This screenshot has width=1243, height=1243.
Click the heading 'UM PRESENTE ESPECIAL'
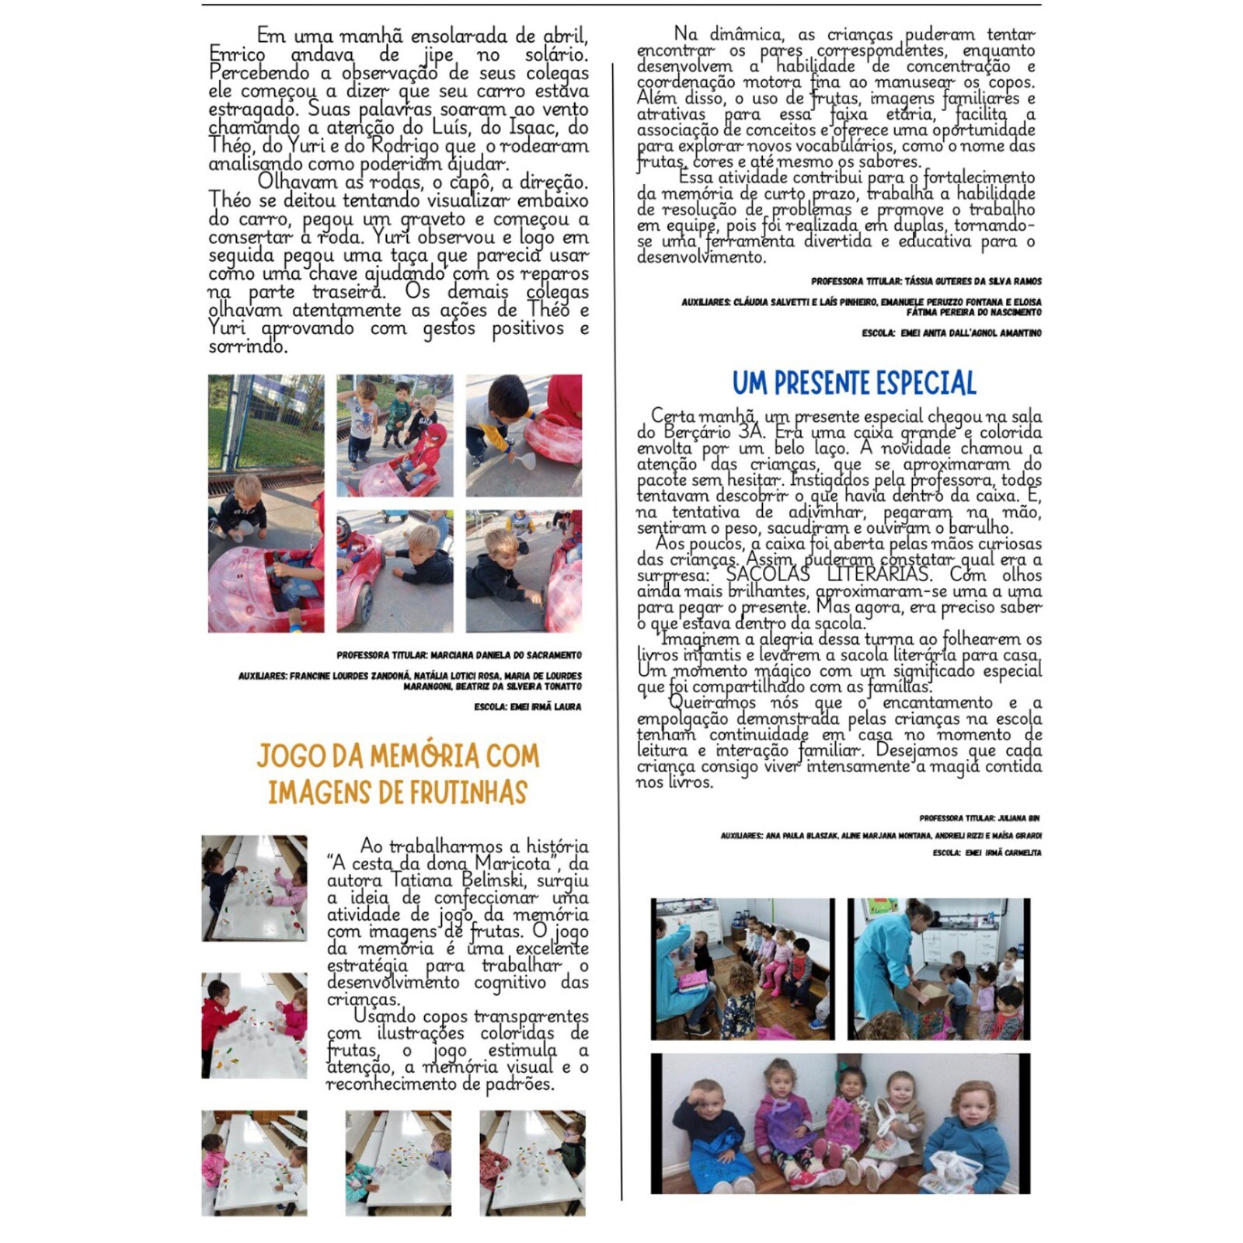[x=854, y=383]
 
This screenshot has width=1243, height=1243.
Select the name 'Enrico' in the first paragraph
[x=237, y=54]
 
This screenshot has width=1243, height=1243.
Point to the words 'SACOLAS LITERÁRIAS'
[x=827, y=575]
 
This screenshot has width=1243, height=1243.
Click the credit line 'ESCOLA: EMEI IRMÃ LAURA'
[x=527, y=707]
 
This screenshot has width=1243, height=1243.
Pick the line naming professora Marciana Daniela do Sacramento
[x=458, y=656]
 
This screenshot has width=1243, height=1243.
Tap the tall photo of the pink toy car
[x=266, y=503]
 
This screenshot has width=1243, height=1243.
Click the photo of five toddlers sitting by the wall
[x=840, y=1123]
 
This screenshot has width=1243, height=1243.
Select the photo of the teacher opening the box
[x=938, y=969]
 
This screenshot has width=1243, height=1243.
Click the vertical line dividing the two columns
[x=621, y=621]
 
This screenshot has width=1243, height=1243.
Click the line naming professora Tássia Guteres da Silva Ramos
[x=926, y=281]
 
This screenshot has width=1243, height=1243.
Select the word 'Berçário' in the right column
[x=696, y=433]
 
